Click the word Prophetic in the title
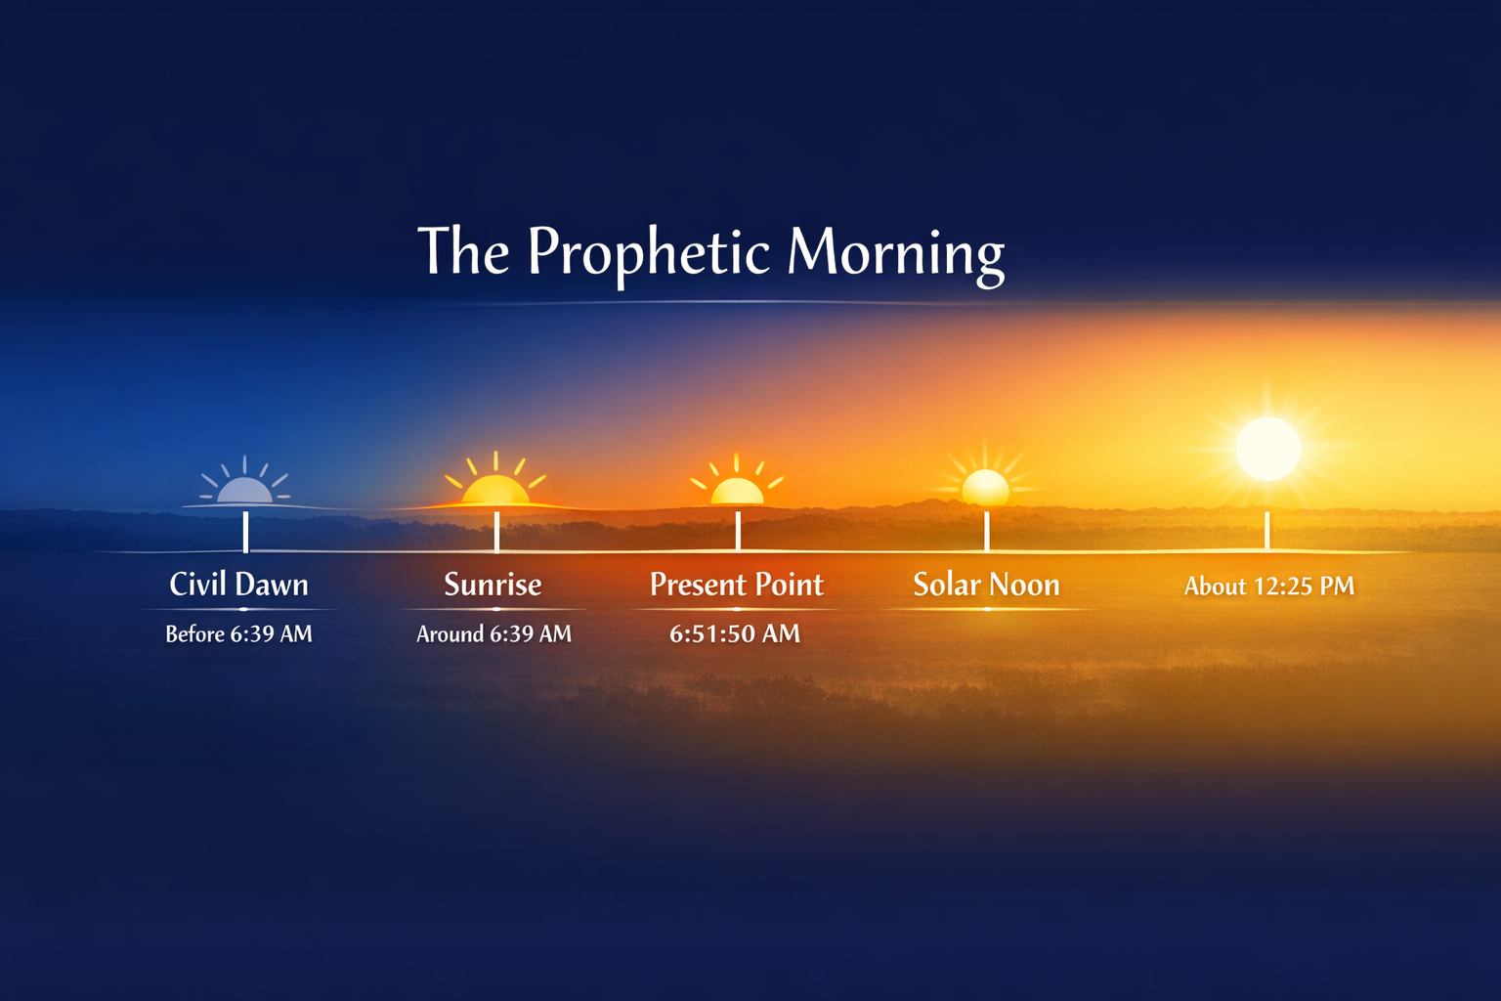(x=649, y=252)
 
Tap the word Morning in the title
(x=895, y=252)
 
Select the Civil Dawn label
(x=239, y=585)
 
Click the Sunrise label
(x=493, y=585)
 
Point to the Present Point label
(x=737, y=585)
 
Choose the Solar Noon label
(x=986, y=585)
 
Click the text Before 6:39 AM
(x=239, y=634)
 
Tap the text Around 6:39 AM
(x=493, y=634)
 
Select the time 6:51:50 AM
(x=735, y=634)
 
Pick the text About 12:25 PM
(x=1269, y=587)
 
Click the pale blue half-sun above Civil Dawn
(x=244, y=488)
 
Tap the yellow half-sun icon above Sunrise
(x=495, y=487)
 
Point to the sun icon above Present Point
(x=737, y=489)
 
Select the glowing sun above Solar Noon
(x=985, y=486)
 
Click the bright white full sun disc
(x=1268, y=449)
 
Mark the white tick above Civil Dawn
(x=245, y=532)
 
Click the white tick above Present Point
(x=738, y=532)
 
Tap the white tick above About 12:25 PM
(x=1267, y=531)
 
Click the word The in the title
(x=463, y=252)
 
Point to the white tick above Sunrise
(x=496, y=532)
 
